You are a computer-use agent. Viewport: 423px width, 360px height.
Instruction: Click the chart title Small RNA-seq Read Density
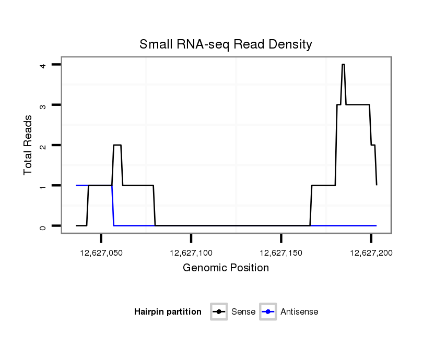click(226, 45)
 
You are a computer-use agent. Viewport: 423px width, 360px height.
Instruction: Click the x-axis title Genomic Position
click(226, 268)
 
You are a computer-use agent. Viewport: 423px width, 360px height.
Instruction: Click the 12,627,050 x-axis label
click(101, 253)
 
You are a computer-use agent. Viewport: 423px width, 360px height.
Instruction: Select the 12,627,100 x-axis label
click(191, 253)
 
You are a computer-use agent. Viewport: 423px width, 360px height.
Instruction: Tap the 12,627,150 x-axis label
click(281, 253)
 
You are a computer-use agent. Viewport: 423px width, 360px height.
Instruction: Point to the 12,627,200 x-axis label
click(371, 253)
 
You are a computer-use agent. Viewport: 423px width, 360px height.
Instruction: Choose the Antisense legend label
click(299, 312)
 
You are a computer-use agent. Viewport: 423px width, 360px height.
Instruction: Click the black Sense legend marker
click(219, 312)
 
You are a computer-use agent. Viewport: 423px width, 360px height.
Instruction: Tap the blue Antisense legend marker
click(268, 312)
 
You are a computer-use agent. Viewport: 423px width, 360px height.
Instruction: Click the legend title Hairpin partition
click(168, 312)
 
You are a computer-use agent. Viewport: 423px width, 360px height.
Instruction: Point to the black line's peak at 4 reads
click(343, 65)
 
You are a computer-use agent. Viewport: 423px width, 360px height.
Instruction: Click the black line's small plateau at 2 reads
click(118, 145)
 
